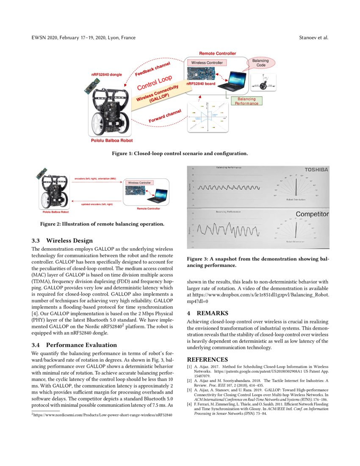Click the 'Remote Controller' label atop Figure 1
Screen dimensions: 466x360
(218, 53)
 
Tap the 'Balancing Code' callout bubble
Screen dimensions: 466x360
(260, 63)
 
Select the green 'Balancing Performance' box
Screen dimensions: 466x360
(246, 101)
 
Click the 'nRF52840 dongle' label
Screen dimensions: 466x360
(106, 75)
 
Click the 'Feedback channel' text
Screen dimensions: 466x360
(152, 69)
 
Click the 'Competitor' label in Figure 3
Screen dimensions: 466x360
(312, 214)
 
